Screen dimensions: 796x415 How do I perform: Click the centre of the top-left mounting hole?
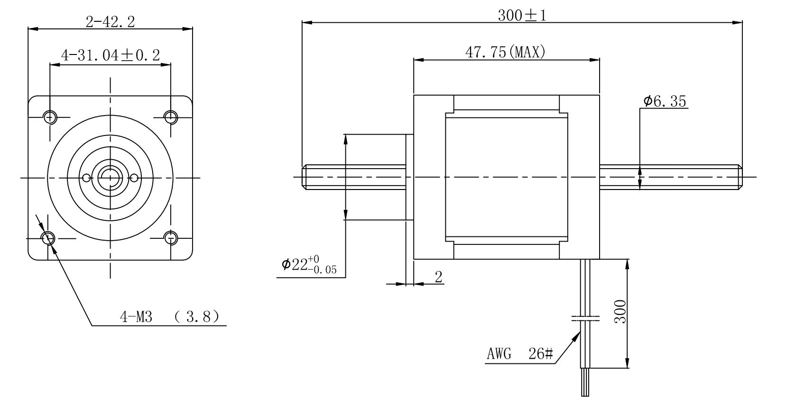click(50, 117)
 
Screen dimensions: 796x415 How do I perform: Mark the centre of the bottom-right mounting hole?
click(171, 237)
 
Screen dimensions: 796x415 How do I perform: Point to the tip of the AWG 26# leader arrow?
click(580, 332)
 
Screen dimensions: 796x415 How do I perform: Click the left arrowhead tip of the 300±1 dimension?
click(302, 22)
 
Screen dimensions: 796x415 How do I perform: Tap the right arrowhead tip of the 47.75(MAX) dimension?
click(600, 60)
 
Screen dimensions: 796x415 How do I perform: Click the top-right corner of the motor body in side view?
click(600, 95)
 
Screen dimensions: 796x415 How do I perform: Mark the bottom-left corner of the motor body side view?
click(414, 259)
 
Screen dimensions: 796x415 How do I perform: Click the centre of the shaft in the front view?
click(110, 178)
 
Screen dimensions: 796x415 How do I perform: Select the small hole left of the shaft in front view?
click(86, 178)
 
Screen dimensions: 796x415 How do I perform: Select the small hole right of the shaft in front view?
click(134, 178)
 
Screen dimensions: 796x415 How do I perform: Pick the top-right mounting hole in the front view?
click(171, 117)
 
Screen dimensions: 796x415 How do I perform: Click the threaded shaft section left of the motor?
click(354, 177)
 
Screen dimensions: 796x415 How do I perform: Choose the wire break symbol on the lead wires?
click(585, 318)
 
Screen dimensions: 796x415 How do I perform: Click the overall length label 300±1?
click(522, 16)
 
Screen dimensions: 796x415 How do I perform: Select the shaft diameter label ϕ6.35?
click(665, 101)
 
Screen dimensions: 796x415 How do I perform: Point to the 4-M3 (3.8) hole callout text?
click(169, 316)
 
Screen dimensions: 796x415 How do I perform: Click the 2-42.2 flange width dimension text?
click(111, 22)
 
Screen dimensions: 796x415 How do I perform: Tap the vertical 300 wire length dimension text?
click(620, 311)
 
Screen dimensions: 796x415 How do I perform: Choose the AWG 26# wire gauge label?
click(520, 353)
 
